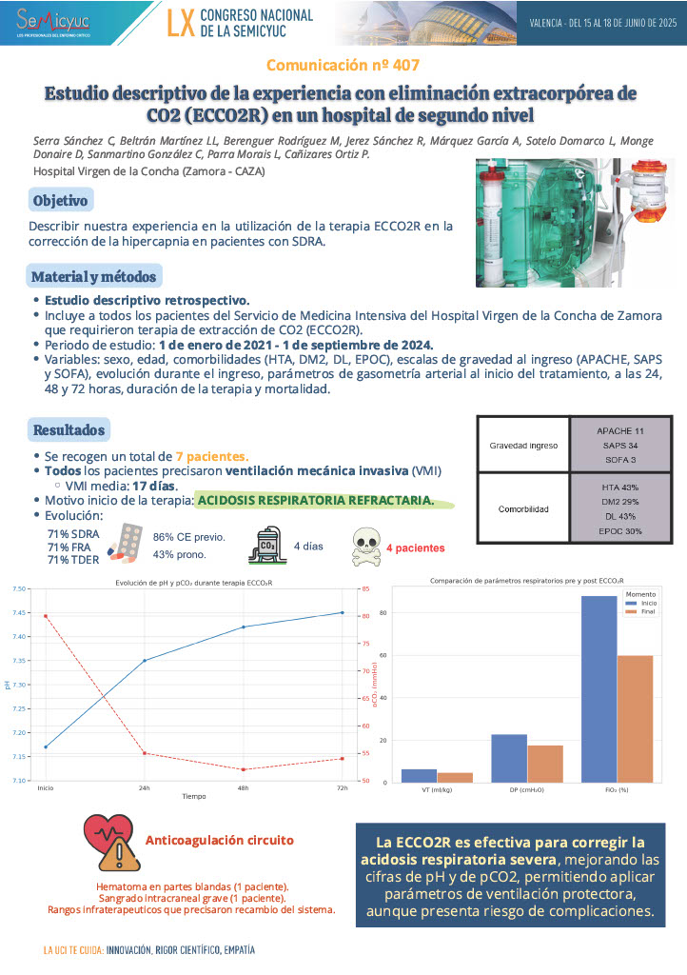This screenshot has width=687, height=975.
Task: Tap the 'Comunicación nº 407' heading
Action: (x=343, y=66)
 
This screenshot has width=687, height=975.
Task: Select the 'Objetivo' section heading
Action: (x=60, y=201)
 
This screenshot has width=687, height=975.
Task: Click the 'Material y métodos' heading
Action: (x=94, y=276)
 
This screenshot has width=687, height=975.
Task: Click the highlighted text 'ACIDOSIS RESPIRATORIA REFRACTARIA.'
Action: (x=316, y=500)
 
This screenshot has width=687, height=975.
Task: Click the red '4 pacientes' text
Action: (x=415, y=548)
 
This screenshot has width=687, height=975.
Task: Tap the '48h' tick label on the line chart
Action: (x=244, y=789)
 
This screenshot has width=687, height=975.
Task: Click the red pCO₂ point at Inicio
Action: (x=46, y=616)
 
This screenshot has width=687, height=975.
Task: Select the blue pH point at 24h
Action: (x=145, y=660)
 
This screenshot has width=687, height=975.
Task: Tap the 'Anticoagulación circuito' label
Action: (x=219, y=841)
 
